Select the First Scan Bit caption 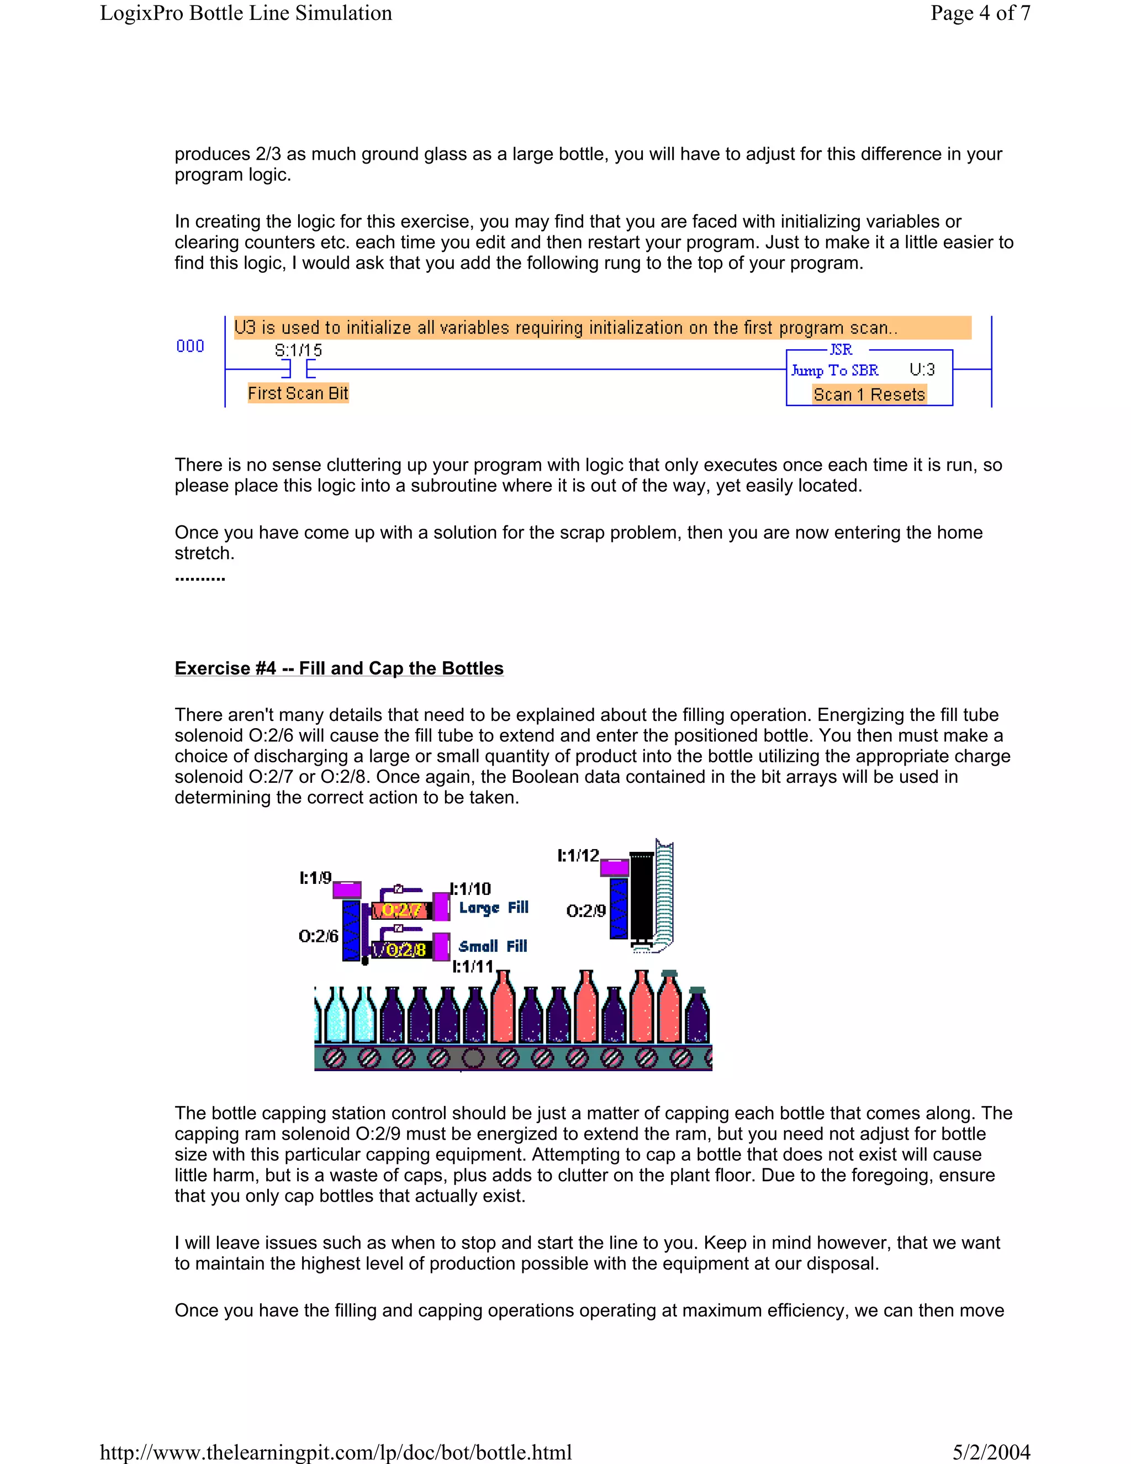(298, 393)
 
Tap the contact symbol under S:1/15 (299, 370)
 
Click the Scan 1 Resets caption (869, 395)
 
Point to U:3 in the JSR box (922, 370)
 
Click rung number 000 (191, 346)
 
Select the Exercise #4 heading (339, 668)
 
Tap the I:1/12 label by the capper (578, 855)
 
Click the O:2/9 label (585, 910)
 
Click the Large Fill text (494, 908)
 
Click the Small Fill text (493, 946)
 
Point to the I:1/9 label (315, 877)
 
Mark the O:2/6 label (318, 936)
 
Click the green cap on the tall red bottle (669, 973)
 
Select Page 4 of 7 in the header (980, 13)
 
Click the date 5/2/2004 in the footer (991, 1452)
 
